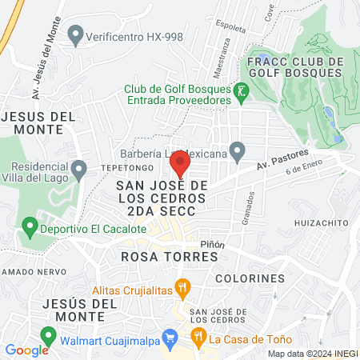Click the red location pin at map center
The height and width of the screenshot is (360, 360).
pos(179,163)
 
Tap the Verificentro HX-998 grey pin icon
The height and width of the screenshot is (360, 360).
pos(76,35)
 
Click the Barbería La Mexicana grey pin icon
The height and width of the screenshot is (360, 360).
pos(237,150)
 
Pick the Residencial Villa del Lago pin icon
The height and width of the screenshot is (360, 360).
pos(78,170)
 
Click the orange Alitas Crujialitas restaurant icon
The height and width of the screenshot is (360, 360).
pos(182,285)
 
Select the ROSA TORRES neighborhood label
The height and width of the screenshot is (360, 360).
pos(170,257)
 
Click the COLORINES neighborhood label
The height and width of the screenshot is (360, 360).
pos(250,278)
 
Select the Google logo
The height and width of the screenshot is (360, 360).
pos(26,350)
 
